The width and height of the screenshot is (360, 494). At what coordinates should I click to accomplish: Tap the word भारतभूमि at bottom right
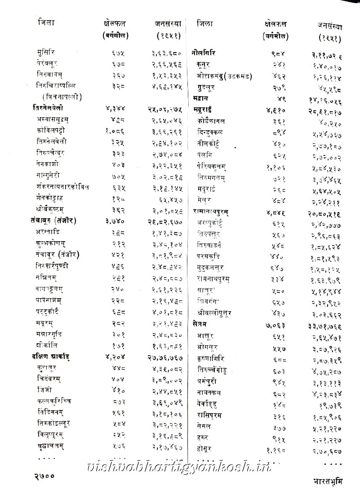[x=328, y=481]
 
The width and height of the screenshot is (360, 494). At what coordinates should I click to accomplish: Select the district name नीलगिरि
[x=204, y=53]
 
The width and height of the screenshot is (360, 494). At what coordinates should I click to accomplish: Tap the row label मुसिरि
[x=47, y=53]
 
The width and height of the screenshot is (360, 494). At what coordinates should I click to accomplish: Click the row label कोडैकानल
[x=211, y=121]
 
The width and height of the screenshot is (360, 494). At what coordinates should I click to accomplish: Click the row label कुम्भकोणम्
[x=53, y=243]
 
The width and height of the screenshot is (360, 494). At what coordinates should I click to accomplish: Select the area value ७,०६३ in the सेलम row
[x=274, y=324]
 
